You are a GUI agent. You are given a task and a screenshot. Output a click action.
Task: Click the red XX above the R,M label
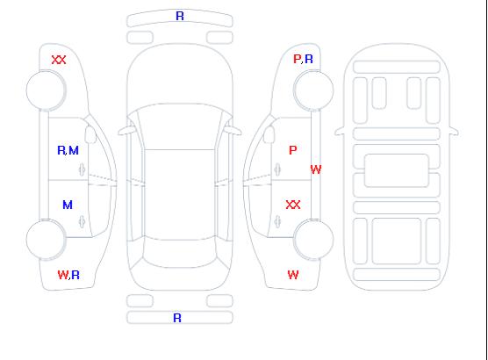[x=59, y=60]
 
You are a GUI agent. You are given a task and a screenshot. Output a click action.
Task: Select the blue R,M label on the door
[x=68, y=150]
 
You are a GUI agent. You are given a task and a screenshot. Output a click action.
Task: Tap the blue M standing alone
[x=68, y=205]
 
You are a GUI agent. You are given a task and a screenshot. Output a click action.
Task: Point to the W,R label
[x=68, y=275]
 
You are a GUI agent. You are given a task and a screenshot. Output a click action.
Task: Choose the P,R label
[x=303, y=59]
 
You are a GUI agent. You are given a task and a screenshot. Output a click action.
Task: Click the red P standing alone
[x=292, y=150]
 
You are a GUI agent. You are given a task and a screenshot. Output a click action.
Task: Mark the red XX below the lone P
[x=293, y=205]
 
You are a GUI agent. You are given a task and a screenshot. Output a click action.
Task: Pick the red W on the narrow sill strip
[x=316, y=169]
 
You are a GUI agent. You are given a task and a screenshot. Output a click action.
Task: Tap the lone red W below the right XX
[x=293, y=275]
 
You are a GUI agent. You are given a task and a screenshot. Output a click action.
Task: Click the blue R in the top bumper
[x=180, y=16]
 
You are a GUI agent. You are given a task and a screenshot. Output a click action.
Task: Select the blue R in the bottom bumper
[x=177, y=318]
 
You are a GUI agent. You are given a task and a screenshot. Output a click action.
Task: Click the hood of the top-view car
[x=180, y=75]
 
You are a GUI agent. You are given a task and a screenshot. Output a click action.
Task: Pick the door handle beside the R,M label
[x=83, y=169]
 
